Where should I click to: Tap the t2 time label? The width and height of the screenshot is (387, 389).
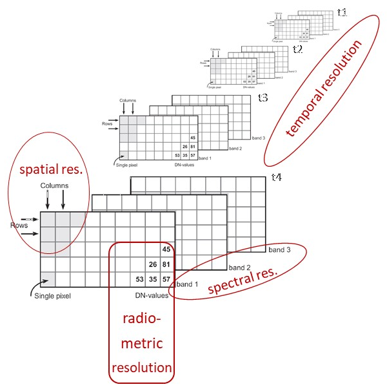click(x=297, y=49)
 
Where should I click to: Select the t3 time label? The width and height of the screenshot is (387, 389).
click(x=263, y=98)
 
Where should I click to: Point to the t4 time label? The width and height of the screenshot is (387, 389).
click(x=277, y=177)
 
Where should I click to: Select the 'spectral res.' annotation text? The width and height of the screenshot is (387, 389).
click(x=243, y=279)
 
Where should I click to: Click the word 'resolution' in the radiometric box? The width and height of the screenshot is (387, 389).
click(x=142, y=368)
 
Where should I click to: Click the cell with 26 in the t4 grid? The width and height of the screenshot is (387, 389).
click(x=153, y=264)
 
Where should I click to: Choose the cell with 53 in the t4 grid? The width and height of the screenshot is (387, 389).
click(x=138, y=280)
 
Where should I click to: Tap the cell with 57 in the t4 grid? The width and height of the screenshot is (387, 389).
click(x=167, y=280)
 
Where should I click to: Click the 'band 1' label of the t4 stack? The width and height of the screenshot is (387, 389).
click(x=189, y=284)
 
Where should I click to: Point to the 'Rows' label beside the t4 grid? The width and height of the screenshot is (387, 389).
click(x=19, y=226)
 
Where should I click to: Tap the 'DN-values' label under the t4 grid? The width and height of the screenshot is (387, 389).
click(x=151, y=295)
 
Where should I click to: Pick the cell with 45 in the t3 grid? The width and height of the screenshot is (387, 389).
click(x=192, y=138)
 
